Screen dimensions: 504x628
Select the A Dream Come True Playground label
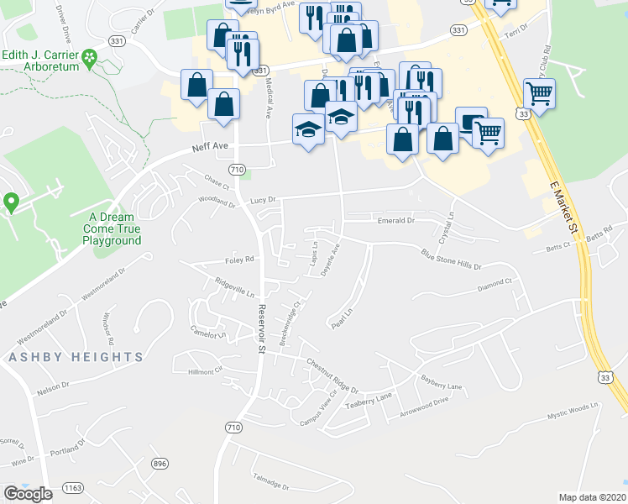pos(114,228)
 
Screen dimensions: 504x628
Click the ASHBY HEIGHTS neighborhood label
pos(76,357)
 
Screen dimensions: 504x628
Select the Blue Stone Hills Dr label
pos(451,258)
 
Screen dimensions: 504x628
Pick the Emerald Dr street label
pos(395,220)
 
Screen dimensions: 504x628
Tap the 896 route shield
pos(160,464)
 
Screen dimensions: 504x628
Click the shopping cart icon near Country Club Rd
pos(539,93)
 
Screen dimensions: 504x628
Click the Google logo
pos(28,494)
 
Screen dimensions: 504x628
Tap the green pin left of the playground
pos(11,202)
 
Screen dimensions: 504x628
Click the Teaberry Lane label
pos(369,399)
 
